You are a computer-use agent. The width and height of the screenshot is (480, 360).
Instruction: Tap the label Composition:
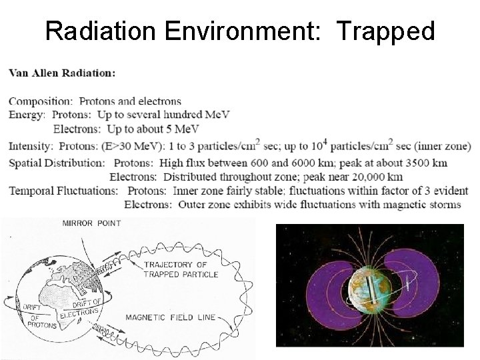pos(41,101)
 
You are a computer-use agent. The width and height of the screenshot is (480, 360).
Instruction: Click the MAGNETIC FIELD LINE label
pos(170,317)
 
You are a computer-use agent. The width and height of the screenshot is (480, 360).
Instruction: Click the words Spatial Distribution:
pos(56,163)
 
